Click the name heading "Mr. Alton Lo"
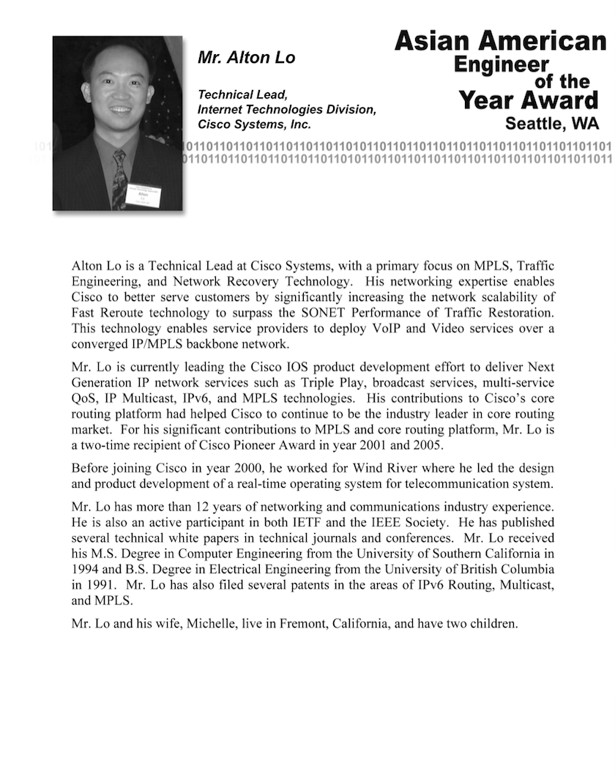click(x=247, y=58)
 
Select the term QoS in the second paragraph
click(x=84, y=398)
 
